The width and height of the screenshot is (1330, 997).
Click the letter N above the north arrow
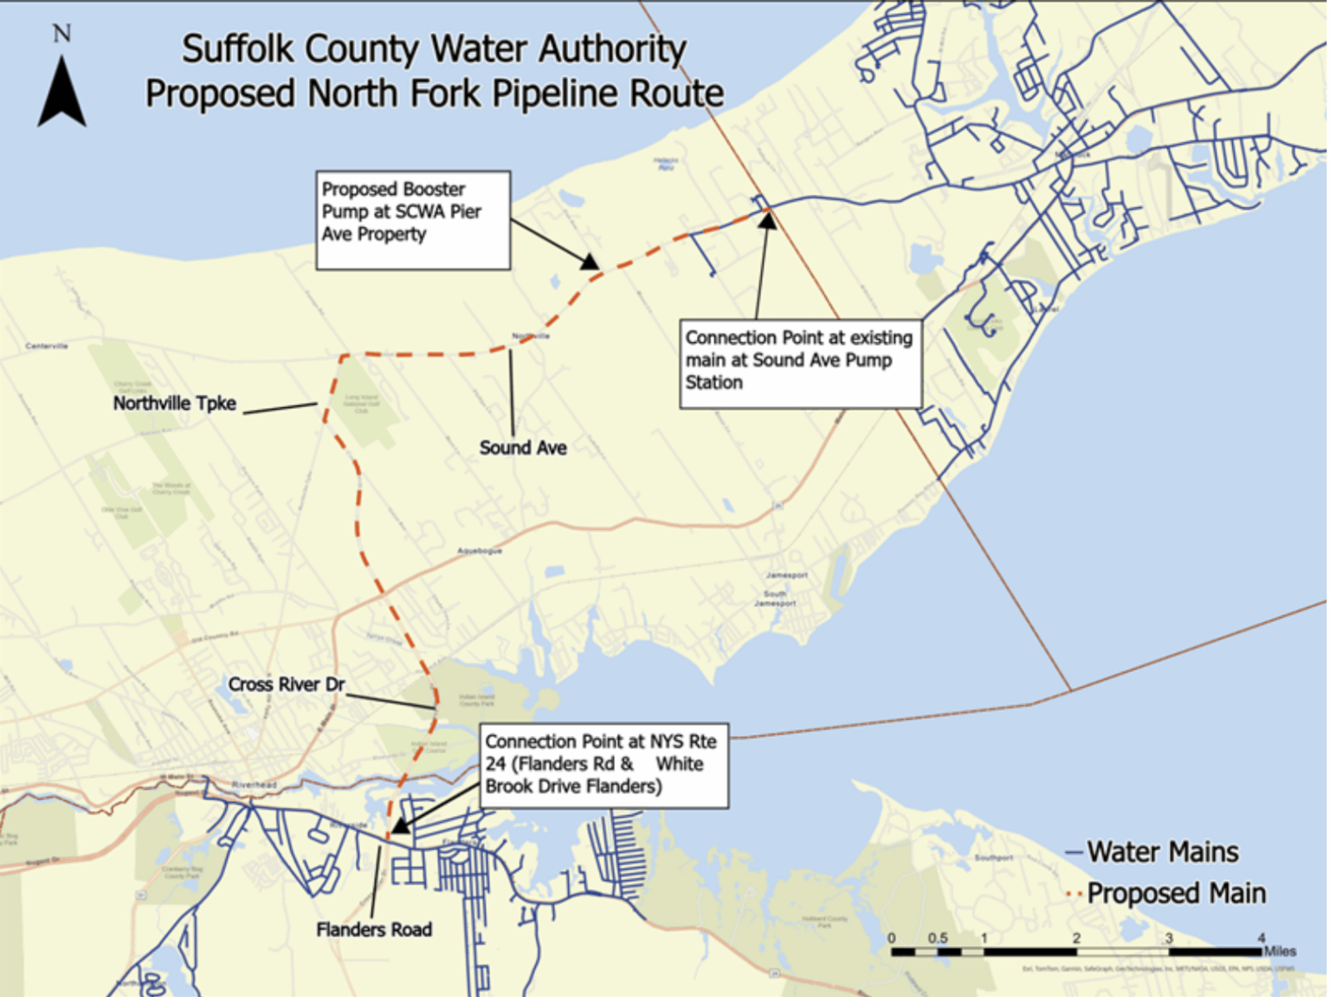click(61, 34)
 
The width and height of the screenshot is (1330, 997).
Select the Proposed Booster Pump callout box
click(412, 220)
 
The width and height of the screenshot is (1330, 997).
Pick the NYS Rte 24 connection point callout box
click(604, 765)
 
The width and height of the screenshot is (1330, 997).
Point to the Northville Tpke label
click(175, 404)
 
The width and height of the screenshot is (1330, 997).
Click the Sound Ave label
click(523, 448)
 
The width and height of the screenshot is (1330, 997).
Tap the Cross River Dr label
click(286, 684)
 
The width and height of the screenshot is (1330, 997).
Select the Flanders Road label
click(373, 929)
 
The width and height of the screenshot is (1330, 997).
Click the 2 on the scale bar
click(1076, 938)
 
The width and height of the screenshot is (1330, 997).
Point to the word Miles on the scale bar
click(1280, 951)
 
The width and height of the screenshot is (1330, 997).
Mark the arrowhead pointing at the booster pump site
click(591, 262)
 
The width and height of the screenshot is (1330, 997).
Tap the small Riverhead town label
click(254, 785)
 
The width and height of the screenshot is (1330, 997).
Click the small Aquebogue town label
click(480, 551)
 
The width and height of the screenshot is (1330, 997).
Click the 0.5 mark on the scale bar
click(938, 938)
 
